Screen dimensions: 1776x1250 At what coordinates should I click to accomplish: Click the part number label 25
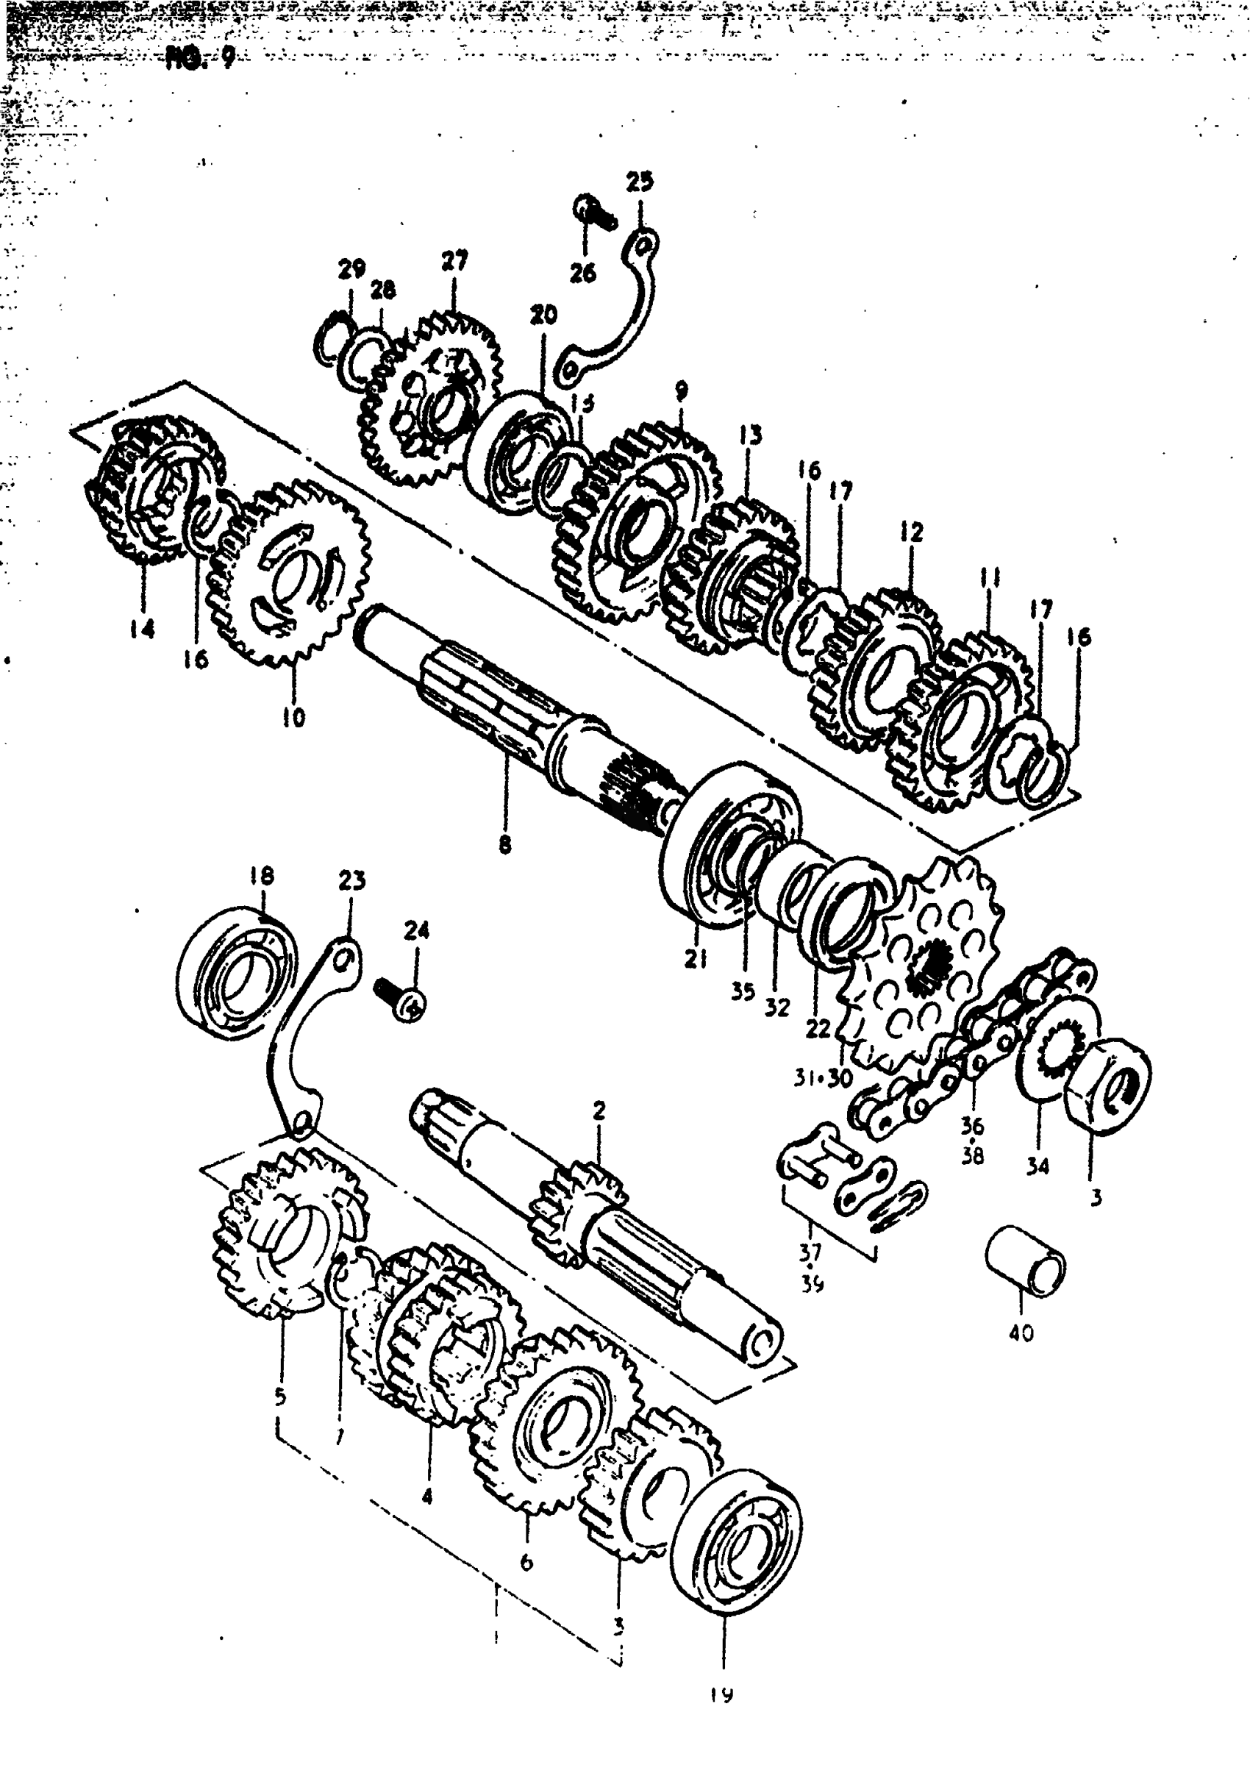coord(639,182)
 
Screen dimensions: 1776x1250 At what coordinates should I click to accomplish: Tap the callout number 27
coord(455,260)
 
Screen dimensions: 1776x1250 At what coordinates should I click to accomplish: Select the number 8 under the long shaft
coord(505,845)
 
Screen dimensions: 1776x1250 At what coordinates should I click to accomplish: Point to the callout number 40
coord(1021,1333)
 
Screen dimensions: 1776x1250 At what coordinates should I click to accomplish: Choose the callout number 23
coord(352,881)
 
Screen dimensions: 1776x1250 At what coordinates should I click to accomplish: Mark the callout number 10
coord(294,717)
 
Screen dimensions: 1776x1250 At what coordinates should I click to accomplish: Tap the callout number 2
coord(599,1110)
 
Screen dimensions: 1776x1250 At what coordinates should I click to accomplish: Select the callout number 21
coord(696,959)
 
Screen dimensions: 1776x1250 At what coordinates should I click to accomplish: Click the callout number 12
coord(912,532)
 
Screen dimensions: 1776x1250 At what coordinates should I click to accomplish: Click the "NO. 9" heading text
coord(199,59)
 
